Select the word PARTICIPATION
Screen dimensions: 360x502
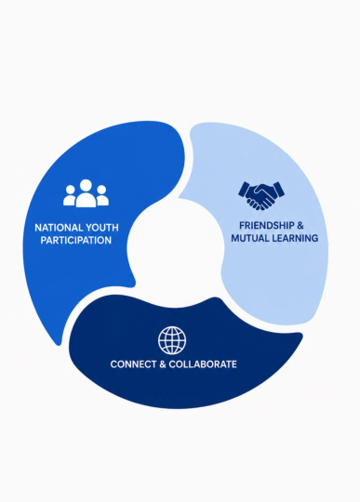pyautogui.click(x=76, y=241)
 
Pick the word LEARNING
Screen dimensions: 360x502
pyautogui.click(x=295, y=238)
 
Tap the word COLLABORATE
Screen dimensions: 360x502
pyautogui.click(x=203, y=364)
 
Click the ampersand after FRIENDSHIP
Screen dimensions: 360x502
pyautogui.click(x=300, y=226)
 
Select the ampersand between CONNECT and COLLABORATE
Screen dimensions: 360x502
pyautogui.click(x=163, y=364)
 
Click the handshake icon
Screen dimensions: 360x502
pyautogui.click(x=261, y=195)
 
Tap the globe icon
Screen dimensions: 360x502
pyautogui.click(x=172, y=340)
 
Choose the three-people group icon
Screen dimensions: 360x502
pyautogui.click(x=86, y=193)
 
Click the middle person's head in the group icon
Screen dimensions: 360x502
pyautogui.click(x=86, y=185)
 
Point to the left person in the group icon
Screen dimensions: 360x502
pyautogui.click(x=70, y=195)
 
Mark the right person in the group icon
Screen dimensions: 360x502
pyautogui.click(x=102, y=195)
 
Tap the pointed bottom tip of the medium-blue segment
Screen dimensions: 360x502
pyautogui.click(x=59, y=344)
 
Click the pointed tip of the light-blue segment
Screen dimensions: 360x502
pyautogui.click(x=180, y=196)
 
